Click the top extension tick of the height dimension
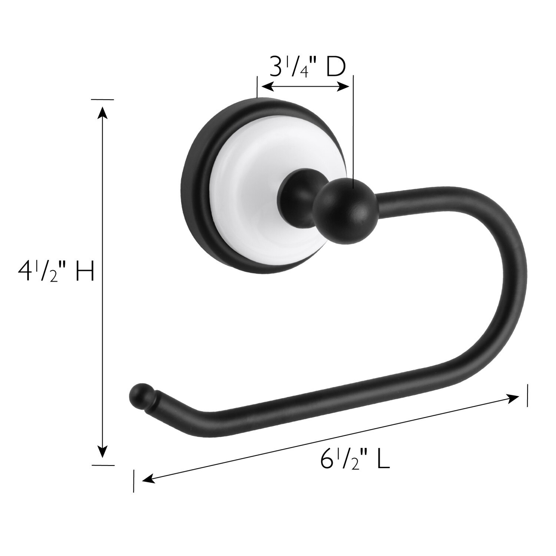click(x=103, y=99)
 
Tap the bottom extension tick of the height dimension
click(x=103, y=465)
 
